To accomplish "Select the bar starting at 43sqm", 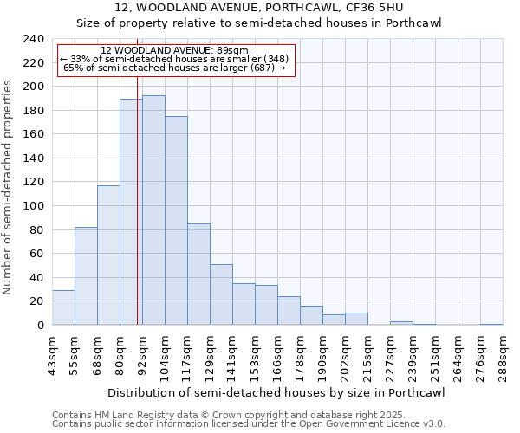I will click(63, 307).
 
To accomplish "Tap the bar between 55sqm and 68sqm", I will click(86, 276).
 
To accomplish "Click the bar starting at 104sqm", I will click(176, 221).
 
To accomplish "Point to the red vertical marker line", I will click(137, 216).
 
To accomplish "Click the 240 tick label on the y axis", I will click(34, 39).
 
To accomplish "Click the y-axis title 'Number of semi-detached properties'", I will click(9, 187).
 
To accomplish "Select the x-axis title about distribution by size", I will click(277, 393).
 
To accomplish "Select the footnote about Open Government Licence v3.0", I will click(248, 423).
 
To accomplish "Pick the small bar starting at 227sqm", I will click(401, 323).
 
